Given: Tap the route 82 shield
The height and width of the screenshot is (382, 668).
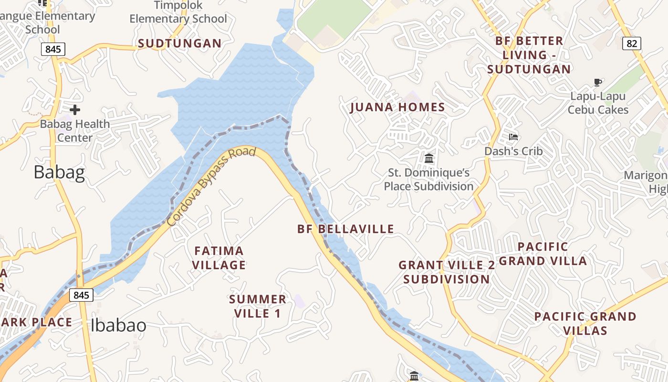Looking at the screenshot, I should (631, 43).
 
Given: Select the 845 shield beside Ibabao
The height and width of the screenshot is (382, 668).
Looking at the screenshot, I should (81, 295).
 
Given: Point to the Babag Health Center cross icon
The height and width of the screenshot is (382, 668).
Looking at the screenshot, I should (74, 110).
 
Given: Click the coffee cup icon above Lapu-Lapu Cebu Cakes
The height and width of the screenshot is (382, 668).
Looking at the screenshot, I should (597, 83).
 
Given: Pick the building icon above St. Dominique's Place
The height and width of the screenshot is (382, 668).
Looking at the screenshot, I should (429, 158).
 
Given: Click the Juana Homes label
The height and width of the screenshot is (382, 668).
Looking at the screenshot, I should (397, 107).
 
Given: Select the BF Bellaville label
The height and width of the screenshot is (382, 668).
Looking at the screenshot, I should (345, 229).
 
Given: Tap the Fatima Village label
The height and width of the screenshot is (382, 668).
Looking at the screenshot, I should (219, 258).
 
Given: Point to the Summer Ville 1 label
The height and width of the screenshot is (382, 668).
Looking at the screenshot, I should (258, 307).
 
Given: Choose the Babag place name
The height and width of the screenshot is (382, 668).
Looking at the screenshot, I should (59, 172).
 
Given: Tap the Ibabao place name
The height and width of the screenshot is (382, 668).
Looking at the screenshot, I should (118, 325).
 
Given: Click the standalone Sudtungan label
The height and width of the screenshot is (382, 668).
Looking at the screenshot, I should (180, 43).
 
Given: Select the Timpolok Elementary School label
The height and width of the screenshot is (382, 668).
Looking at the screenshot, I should (178, 12).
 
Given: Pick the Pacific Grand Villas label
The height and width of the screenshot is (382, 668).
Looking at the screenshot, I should (585, 323).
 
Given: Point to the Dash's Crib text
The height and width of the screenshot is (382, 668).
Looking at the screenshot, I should (513, 151).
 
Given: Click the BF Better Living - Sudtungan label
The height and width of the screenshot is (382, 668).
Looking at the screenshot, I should (529, 55).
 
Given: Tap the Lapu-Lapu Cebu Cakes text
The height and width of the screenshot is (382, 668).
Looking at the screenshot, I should (598, 103).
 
